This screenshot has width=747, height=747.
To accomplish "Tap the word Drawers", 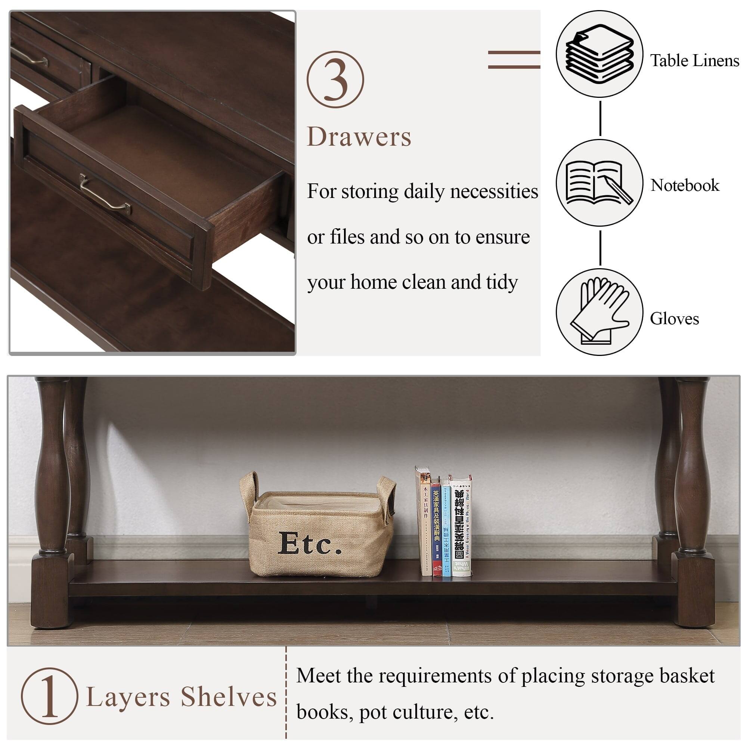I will (x=359, y=137).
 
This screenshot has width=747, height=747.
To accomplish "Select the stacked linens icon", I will (x=599, y=53).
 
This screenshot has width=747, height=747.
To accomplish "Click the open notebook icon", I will (x=599, y=183).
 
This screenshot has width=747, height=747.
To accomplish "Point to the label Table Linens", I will (x=694, y=61).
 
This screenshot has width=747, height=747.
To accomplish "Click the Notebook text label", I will (x=684, y=186).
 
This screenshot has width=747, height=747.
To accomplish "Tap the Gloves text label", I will (x=674, y=319).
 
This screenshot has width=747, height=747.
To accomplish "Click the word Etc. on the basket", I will (x=310, y=543).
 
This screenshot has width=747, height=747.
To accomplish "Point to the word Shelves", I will (x=229, y=697).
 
